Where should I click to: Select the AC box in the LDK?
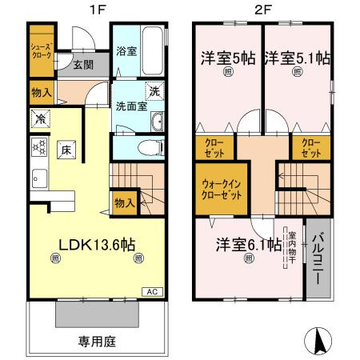(151, 291)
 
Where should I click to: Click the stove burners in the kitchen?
(37, 146)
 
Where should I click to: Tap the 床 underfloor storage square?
(66, 148)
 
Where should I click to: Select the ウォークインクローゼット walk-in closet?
(218, 188)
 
